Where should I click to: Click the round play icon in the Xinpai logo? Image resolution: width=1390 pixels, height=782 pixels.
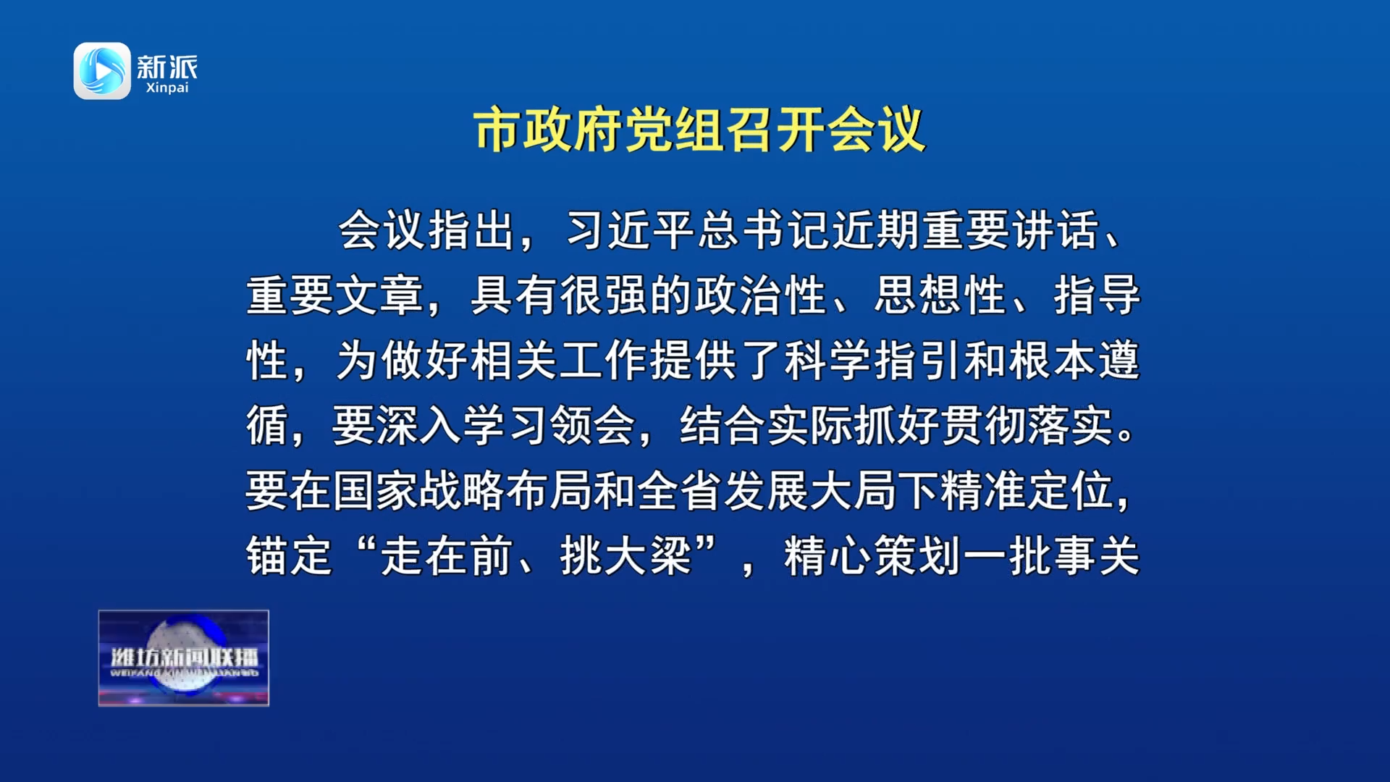pos(102,71)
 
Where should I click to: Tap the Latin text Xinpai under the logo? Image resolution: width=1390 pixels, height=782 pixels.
pos(167,88)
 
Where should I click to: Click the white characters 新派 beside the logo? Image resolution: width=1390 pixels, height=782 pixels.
pos(167,67)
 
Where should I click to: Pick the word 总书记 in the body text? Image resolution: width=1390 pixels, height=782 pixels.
pos(764,230)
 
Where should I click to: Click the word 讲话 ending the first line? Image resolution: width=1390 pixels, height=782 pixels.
pos(1056,230)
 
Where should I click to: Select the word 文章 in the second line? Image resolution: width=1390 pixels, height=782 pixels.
pos(379,295)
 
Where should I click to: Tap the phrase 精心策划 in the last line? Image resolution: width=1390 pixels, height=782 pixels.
pos(873,556)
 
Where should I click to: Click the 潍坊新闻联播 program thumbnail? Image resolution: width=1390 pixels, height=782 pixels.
pos(184,658)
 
